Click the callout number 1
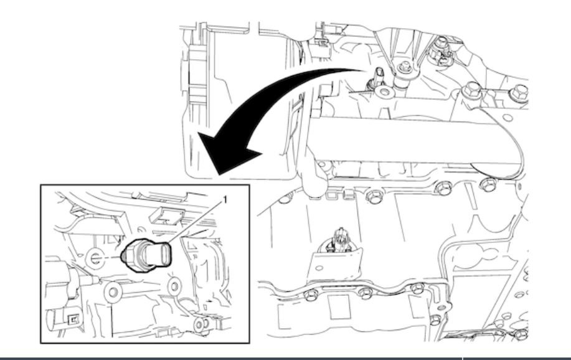click(x=225, y=200)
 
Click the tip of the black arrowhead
click(x=218, y=175)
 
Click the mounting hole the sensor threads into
click(x=94, y=258)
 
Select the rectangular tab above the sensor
click(x=166, y=216)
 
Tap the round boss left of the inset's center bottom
click(x=113, y=292)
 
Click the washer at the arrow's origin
click(x=385, y=92)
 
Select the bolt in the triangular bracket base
click(x=404, y=68)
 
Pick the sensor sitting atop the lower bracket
click(x=340, y=240)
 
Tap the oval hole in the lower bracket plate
click(x=319, y=268)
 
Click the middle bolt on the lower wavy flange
click(x=366, y=292)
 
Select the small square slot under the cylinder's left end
click(x=332, y=196)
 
